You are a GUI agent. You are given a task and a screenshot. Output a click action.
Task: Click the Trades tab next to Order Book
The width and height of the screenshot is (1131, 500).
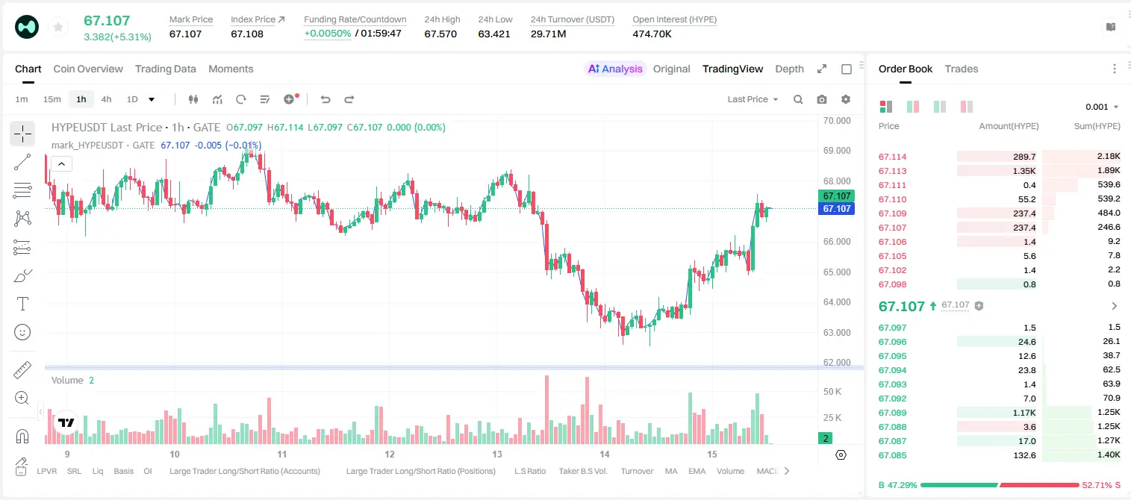[x=961, y=69]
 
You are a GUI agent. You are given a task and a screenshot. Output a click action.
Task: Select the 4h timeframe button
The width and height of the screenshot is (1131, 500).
[x=106, y=99]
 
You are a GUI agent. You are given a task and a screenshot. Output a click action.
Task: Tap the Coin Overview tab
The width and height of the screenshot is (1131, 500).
[x=88, y=69]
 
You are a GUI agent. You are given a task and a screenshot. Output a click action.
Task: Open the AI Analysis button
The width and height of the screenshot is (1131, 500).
[x=615, y=69]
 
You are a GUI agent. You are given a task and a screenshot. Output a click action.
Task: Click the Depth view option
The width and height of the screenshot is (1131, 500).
[x=789, y=69]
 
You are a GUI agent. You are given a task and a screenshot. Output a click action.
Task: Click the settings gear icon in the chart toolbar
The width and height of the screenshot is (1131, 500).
[x=846, y=99]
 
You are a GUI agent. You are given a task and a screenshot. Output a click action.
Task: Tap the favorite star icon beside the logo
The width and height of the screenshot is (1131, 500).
[x=58, y=28]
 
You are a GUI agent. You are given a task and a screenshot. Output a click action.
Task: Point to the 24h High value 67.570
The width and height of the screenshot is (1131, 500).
[x=440, y=34]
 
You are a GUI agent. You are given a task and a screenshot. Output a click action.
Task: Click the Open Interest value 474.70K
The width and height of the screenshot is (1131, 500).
[x=652, y=34]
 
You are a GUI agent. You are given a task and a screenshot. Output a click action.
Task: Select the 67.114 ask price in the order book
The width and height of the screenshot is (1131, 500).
[x=892, y=157]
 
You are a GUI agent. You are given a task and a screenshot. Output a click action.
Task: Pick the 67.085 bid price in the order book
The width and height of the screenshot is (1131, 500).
[x=892, y=455]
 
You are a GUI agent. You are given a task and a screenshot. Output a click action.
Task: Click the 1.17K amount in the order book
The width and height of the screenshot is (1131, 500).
[x=1024, y=413]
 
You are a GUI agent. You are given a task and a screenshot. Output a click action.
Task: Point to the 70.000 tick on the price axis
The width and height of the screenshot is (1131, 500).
[x=837, y=121]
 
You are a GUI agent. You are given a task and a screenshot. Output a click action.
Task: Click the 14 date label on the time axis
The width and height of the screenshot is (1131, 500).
[x=605, y=454]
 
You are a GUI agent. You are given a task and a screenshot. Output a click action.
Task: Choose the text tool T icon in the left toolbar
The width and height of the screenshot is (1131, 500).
[x=22, y=304]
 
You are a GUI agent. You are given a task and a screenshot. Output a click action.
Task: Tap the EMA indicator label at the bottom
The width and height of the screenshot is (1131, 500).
[x=697, y=471]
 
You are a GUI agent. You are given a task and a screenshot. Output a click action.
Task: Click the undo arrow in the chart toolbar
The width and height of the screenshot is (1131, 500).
[x=325, y=99]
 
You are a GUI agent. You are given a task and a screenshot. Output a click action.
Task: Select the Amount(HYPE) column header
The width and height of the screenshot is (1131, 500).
[x=1009, y=126]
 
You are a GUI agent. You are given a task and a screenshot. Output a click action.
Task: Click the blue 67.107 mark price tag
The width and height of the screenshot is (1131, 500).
[x=836, y=209]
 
